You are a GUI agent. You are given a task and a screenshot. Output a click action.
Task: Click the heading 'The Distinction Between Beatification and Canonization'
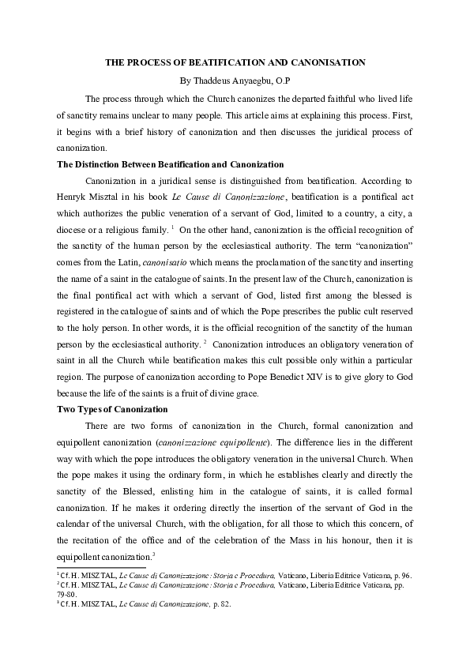tap(171, 164)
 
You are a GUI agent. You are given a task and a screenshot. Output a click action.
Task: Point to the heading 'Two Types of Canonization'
tap(112, 409)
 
